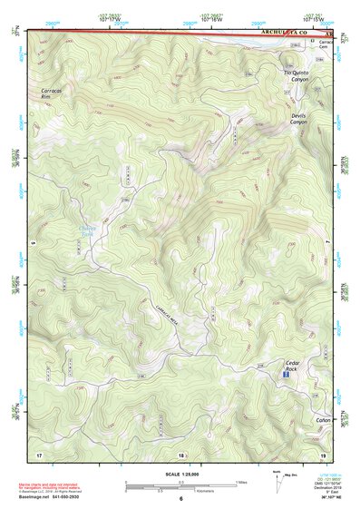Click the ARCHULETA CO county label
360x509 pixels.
[x=284, y=32]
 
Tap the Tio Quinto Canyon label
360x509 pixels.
[x=298, y=76]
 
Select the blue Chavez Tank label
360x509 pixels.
[x=113, y=231]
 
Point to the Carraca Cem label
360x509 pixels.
[x=326, y=46]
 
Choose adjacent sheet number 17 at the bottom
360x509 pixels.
[x=39, y=454]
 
